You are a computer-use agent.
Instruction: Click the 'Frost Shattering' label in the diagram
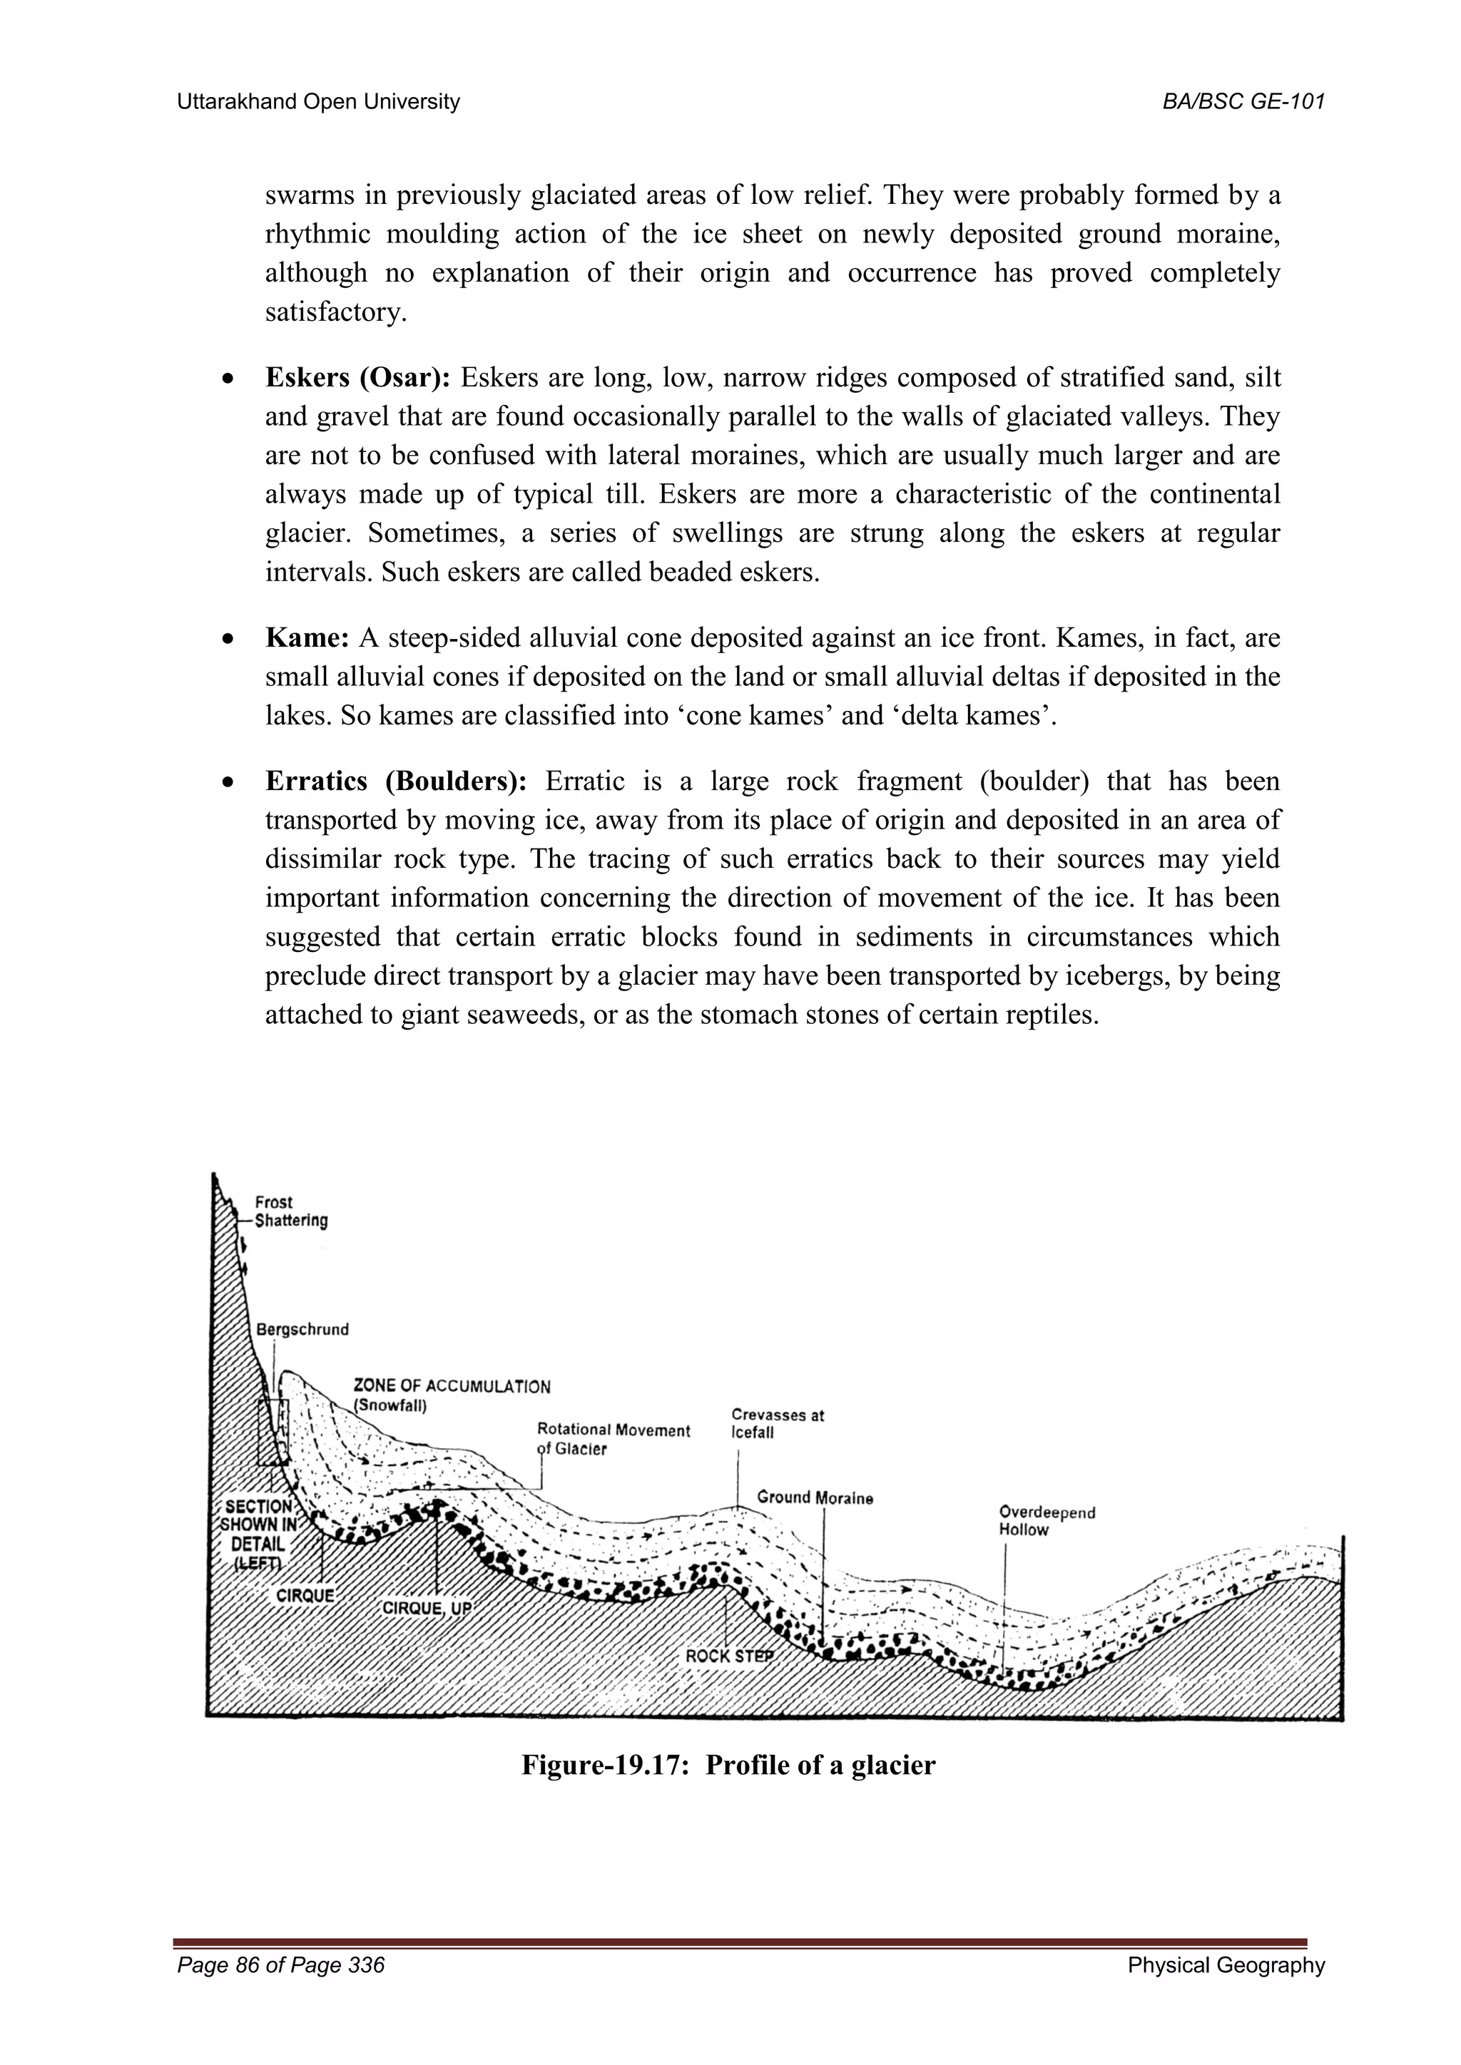[290, 1211]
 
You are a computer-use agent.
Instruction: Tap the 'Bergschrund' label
[302, 1329]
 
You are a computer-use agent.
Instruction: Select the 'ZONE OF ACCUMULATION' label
[452, 1386]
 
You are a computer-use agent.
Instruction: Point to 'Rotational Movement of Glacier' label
[613, 1438]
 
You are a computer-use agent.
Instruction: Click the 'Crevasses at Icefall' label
[778, 1424]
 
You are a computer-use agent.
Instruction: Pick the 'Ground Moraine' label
[814, 1497]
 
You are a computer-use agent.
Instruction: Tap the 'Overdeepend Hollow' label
[1047, 1521]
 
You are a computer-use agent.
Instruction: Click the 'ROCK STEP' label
[728, 1656]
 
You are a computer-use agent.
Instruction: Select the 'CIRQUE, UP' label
[427, 1607]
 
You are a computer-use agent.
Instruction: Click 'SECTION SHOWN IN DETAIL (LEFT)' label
[259, 1534]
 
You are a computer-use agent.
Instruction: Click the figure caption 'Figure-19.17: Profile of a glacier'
[728, 1765]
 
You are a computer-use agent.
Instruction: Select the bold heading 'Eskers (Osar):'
[358, 378]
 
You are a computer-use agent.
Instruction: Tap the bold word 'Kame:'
[307, 639]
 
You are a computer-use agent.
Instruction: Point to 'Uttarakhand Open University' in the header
[318, 102]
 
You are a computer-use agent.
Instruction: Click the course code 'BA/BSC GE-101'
[1243, 102]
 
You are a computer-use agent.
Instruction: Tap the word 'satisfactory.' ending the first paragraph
[335, 312]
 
